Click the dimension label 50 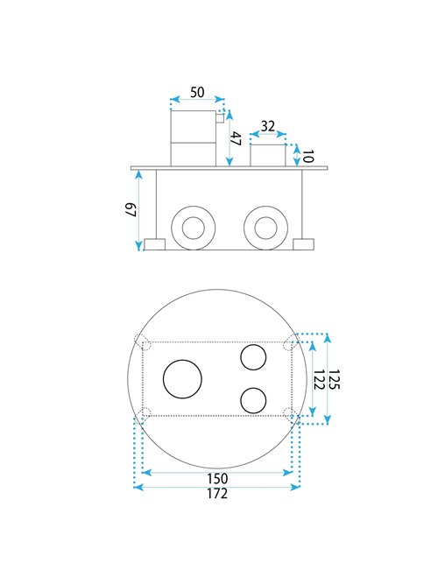[x=197, y=92]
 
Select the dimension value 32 [x=268, y=126]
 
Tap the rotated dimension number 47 [x=236, y=138]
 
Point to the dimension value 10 [x=307, y=156]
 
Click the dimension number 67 [x=131, y=209]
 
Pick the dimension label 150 [x=217, y=478]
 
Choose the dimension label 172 [x=217, y=493]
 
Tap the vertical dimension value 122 [x=318, y=379]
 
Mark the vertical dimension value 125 [x=334, y=379]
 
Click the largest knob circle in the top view [x=163, y=379]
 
